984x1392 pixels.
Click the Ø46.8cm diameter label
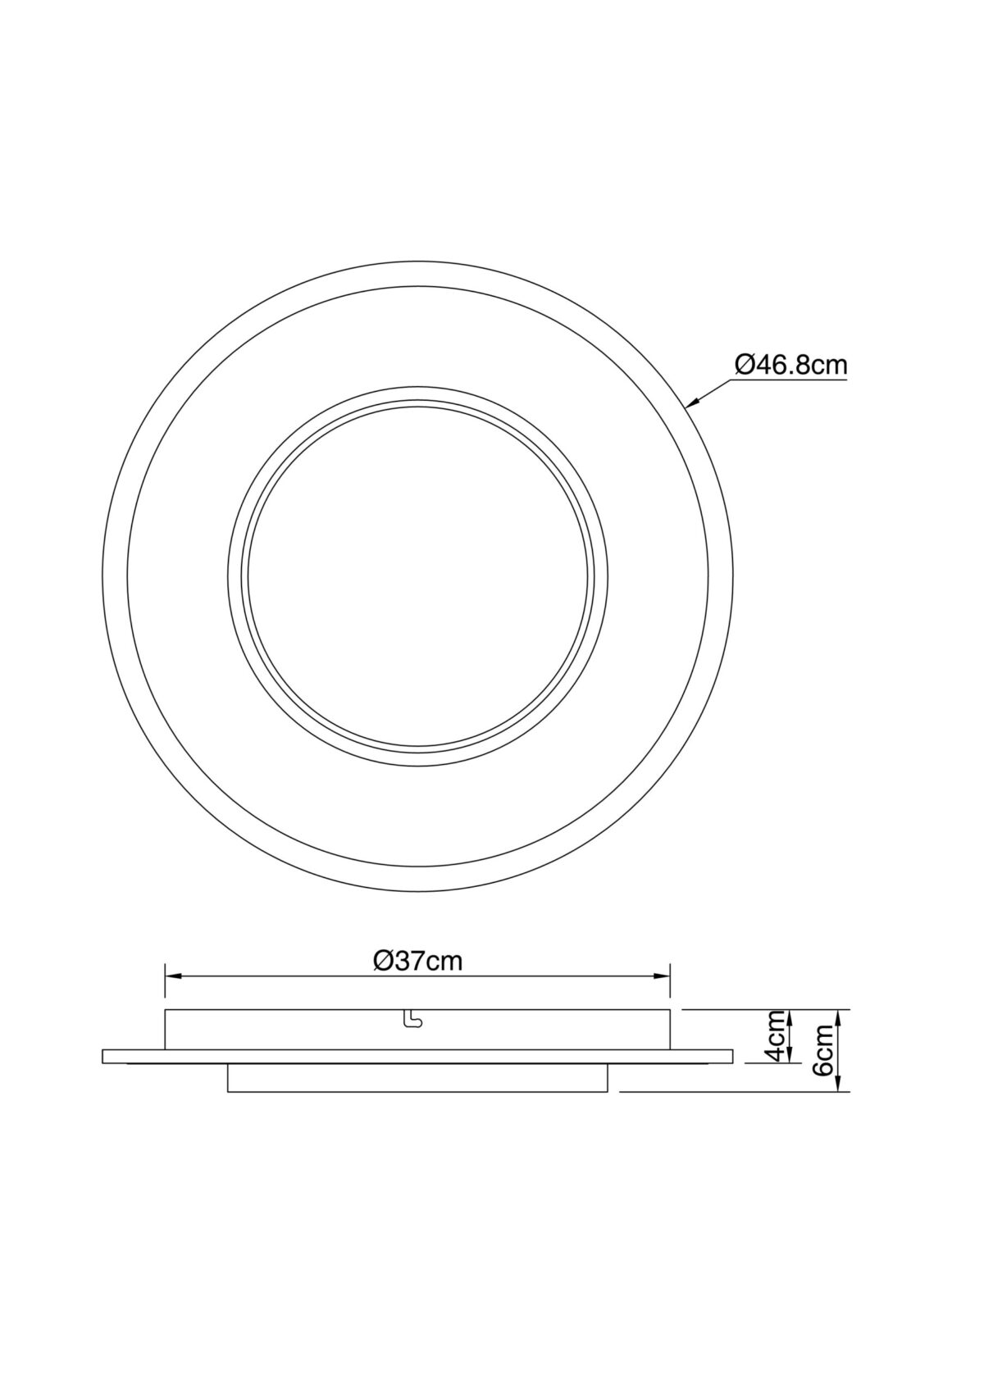click(790, 365)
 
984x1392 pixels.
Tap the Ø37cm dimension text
click(417, 961)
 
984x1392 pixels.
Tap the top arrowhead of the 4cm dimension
click(790, 1018)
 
